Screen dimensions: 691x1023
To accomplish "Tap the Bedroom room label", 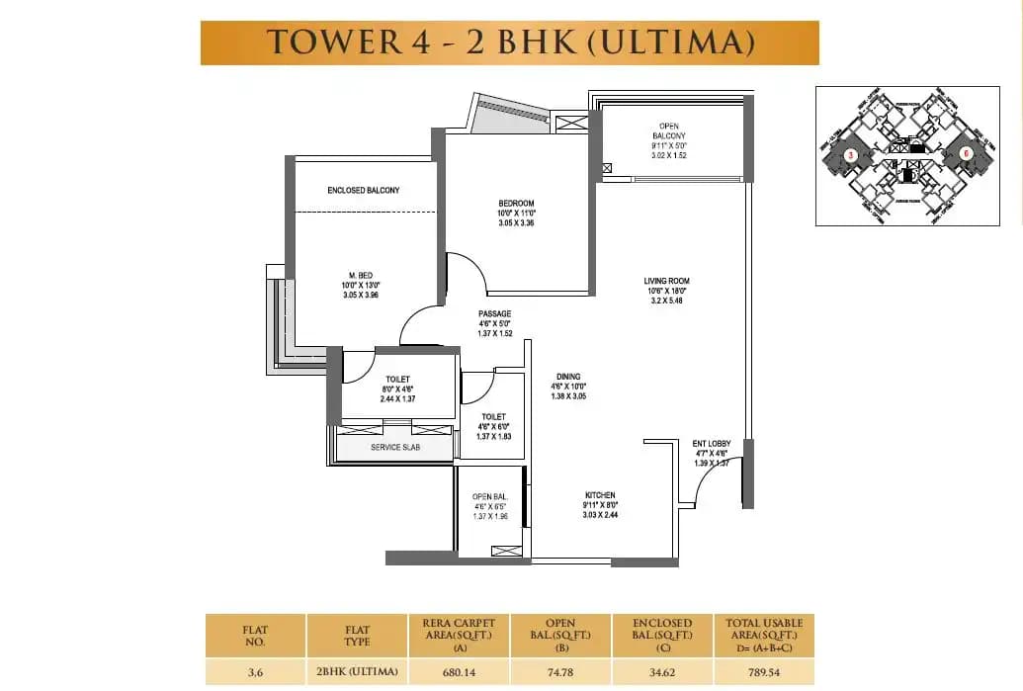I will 516,204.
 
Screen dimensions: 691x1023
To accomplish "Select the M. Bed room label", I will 361,276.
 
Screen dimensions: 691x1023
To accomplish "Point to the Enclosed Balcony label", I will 363,190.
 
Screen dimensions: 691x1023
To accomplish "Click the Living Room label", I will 665,281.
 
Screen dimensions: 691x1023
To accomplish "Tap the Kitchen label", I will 599,495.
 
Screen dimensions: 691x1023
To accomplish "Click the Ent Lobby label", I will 711,444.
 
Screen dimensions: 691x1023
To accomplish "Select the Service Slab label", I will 394,448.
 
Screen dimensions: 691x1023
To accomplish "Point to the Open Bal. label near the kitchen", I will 489,496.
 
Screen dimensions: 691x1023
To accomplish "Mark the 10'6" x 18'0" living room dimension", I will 665,291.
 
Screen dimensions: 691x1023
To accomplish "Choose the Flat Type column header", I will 357,634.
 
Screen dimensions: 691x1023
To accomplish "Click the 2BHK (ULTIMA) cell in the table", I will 357,672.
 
